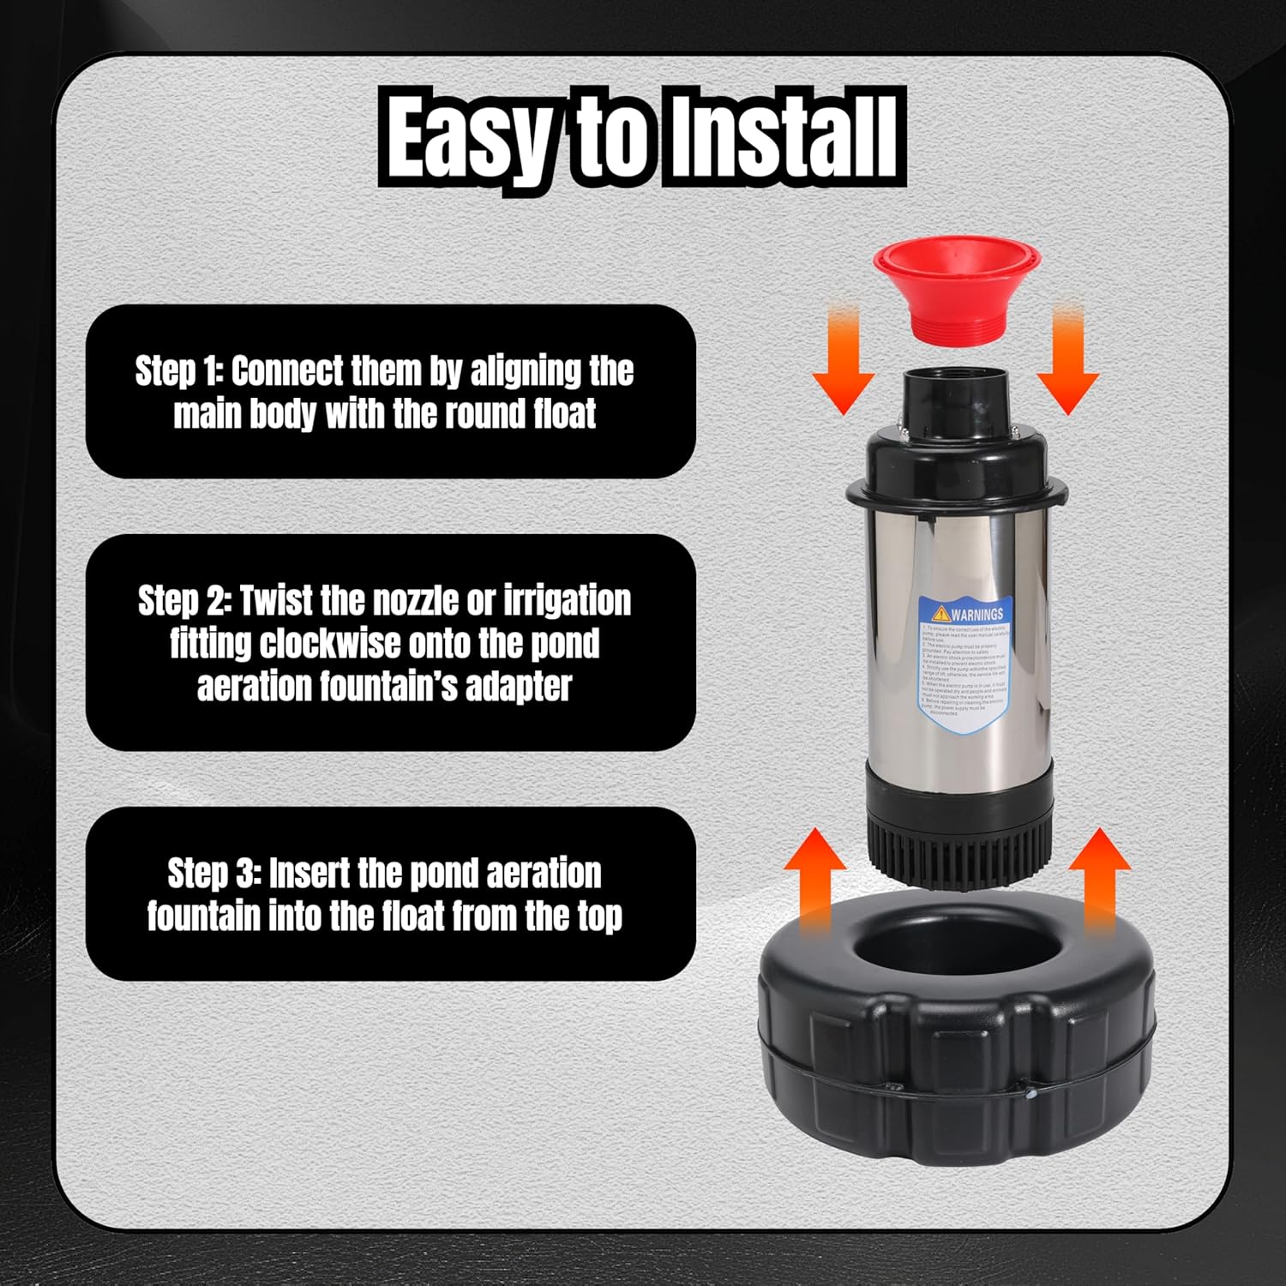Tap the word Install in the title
782,137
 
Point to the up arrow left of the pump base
815,879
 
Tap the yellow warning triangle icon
941,613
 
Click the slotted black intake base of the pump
956,857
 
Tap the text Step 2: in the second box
183,601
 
